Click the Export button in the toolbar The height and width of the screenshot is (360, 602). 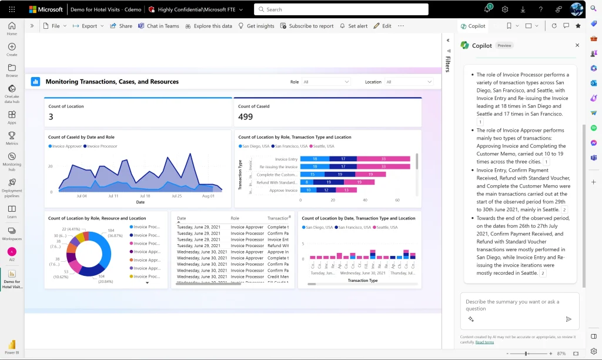[x=89, y=26]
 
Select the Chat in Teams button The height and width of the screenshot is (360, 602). [x=159, y=26]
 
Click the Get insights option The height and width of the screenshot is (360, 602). [x=256, y=26]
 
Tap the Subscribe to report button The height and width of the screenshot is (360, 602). [x=307, y=26]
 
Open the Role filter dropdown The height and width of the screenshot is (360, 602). [x=326, y=82]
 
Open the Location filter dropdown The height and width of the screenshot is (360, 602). [x=409, y=82]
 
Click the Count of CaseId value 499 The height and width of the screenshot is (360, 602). [x=246, y=117]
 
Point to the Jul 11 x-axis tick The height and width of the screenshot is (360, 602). [x=113, y=196]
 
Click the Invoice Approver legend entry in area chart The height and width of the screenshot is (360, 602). [x=66, y=146]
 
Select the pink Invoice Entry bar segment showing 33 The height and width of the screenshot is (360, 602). [x=383, y=159]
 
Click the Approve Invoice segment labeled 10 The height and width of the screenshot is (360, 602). [x=308, y=190]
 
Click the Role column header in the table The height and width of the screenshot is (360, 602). [x=235, y=218]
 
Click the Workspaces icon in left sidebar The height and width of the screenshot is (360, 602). [x=12, y=232]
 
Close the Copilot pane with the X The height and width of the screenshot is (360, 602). [x=577, y=45]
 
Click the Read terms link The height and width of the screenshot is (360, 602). [x=484, y=342]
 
